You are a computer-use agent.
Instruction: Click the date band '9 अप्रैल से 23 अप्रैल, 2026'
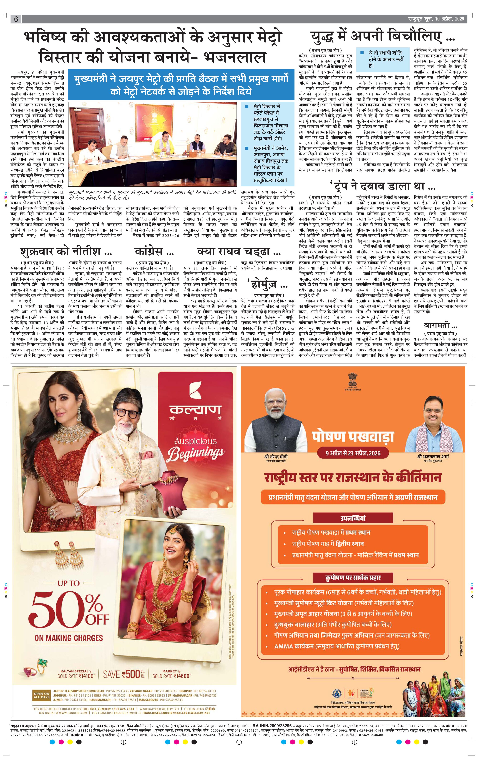353,453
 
